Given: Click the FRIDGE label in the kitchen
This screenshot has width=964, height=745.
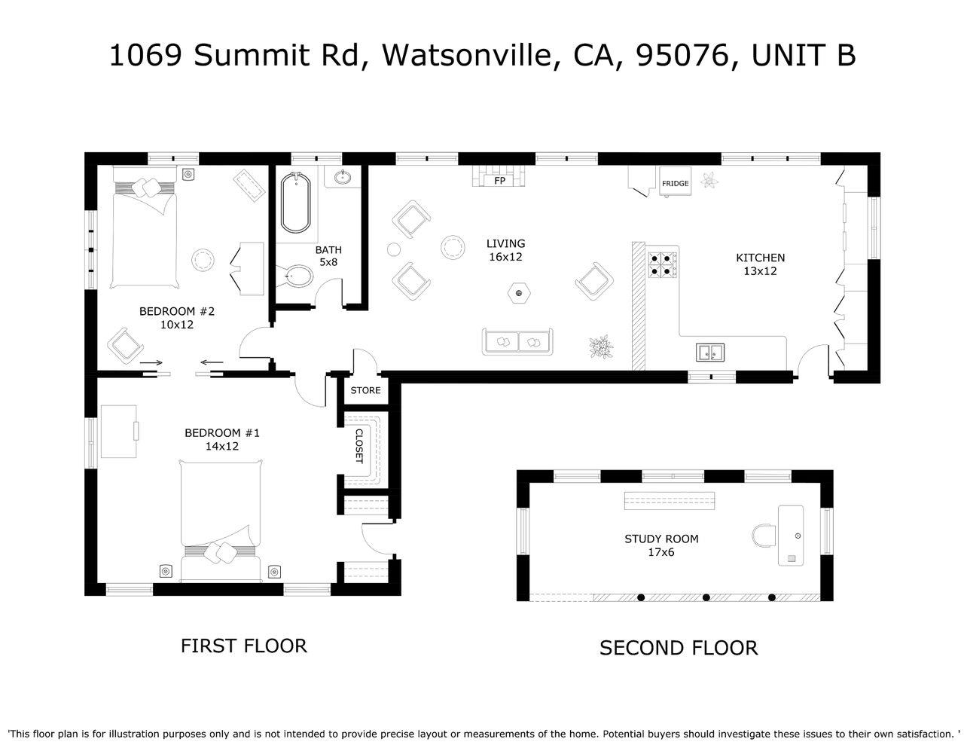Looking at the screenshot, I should (x=675, y=184).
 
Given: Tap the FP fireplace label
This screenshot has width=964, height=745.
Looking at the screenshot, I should (x=499, y=182).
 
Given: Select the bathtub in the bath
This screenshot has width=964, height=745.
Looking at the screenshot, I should (x=295, y=203).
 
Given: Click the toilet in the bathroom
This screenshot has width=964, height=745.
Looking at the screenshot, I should (x=298, y=277).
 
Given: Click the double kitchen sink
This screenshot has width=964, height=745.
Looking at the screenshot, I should (x=709, y=352).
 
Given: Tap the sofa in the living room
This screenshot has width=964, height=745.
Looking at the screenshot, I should (x=517, y=342).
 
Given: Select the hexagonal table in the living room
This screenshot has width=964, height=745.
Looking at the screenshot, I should (x=517, y=292).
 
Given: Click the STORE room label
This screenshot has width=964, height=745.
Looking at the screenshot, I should (x=365, y=390).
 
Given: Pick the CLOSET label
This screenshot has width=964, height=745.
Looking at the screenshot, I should (x=359, y=446).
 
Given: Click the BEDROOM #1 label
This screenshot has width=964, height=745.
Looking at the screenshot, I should (x=222, y=432).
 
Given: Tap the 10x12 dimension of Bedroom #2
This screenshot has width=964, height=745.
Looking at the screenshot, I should (x=177, y=325).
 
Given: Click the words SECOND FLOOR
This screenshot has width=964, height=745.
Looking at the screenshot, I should (x=678, y=648).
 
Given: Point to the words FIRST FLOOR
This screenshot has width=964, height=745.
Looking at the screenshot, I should (x=243, y=646).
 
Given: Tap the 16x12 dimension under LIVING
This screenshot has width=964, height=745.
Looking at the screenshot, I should (x=505, y=257).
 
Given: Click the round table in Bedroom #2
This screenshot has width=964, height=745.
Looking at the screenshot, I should (x=203, y=260).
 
